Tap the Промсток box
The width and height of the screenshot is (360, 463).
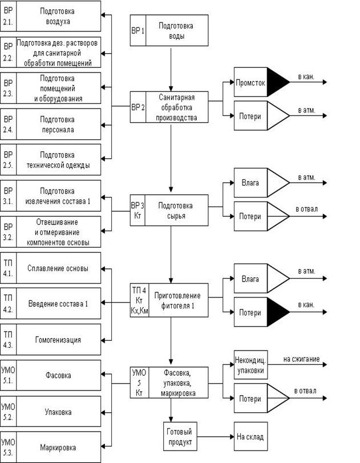[x=250, y=83]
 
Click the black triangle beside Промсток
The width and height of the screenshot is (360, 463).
[x=278, y=83]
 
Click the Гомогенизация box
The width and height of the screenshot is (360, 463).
[x=58, y=340]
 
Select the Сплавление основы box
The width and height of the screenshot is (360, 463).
[x=58, y=268]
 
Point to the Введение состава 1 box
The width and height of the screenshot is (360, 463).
[x=58, y=304]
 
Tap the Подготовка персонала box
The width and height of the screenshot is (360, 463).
[x=58, y=124]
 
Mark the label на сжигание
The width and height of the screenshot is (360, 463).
[x=301, y=360]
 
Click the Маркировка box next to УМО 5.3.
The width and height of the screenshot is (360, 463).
[x=58, y=448]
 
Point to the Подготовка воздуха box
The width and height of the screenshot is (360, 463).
[x=58, y=17]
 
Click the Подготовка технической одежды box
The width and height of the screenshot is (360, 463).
[x=58, y=160]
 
